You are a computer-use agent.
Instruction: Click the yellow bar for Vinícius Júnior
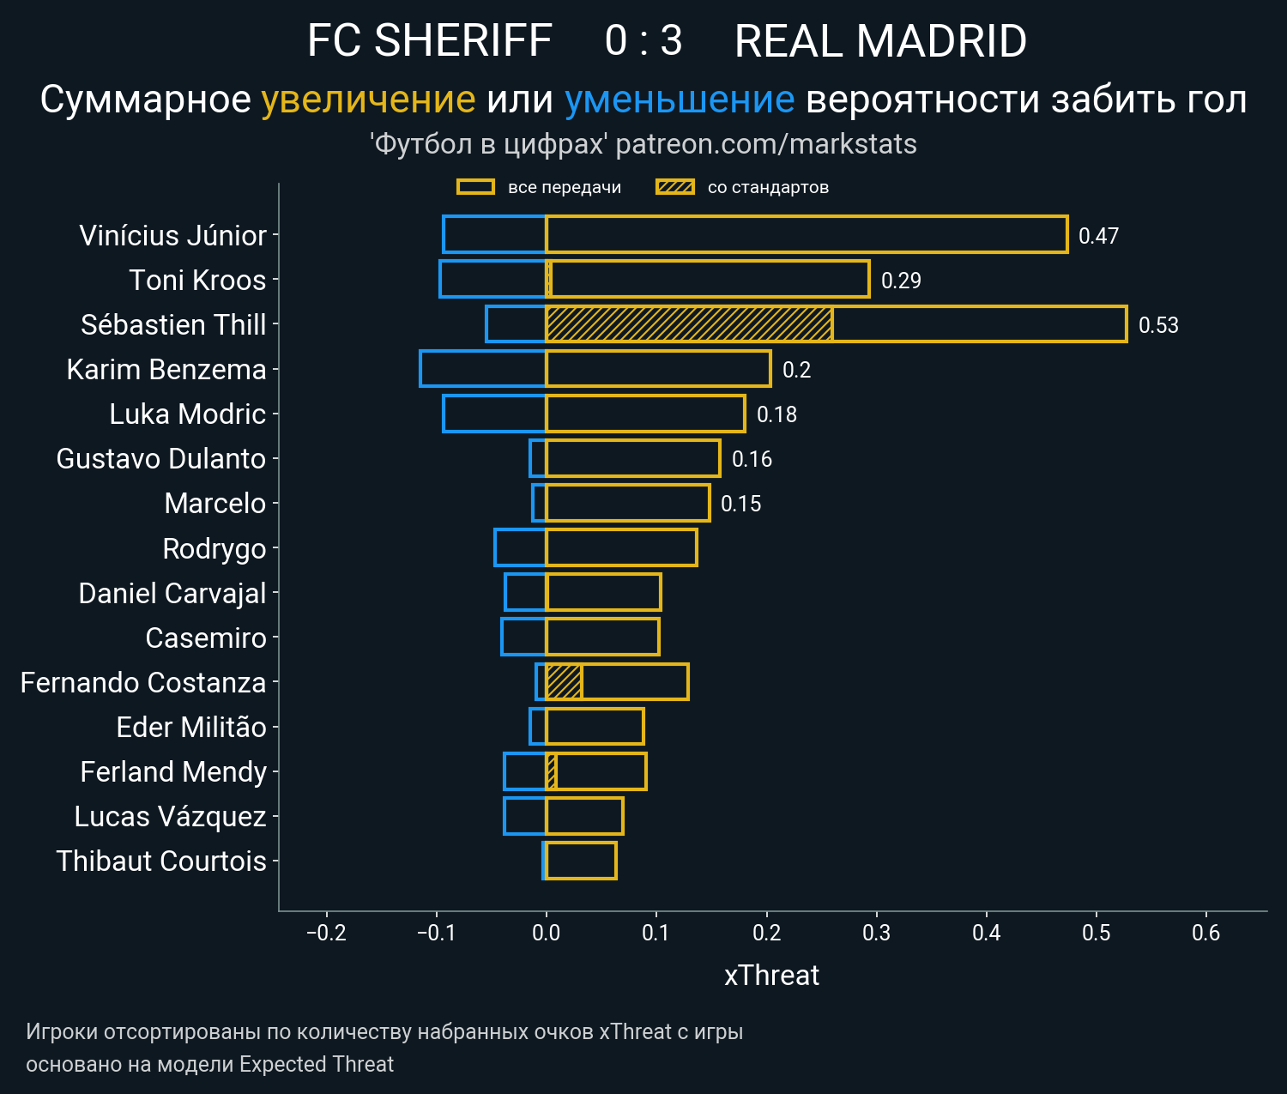coord(807,234)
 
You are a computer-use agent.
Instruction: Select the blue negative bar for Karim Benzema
coord(483,369)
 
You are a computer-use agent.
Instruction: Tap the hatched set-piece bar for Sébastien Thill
coord(689,324)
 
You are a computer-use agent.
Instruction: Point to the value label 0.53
coord(1158,325)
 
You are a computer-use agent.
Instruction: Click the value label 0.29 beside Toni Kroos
coord(901,281)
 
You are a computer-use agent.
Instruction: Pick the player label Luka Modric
coord(187,414)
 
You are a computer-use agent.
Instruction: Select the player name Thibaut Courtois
coord(161,861)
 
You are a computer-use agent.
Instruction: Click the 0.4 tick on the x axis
coord(987,933)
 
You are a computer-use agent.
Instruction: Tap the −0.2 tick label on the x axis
coord(326,933)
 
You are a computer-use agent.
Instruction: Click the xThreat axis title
coord(771,976)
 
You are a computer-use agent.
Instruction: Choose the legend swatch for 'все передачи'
coord(475,187)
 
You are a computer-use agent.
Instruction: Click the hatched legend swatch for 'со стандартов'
coord(674,187)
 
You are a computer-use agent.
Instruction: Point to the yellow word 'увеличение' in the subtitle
coord(368,100)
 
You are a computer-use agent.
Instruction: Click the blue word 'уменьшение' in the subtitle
coord(680,100)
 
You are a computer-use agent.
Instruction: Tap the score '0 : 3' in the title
coord(643,41)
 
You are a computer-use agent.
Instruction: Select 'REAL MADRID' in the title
coord(880,41)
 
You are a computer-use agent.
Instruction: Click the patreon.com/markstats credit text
coord(766,144)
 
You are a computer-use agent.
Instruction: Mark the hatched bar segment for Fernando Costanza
coord(564,682)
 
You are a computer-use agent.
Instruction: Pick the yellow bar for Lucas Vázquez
coord(584,816)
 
